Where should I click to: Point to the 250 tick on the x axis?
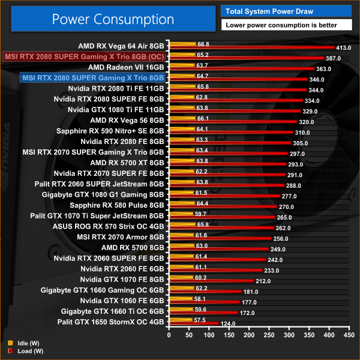pos(269,336)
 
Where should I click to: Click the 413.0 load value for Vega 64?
pos(343,47)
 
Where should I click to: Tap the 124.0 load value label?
pos(228,324)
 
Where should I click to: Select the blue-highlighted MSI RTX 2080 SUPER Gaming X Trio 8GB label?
pos(92,77)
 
